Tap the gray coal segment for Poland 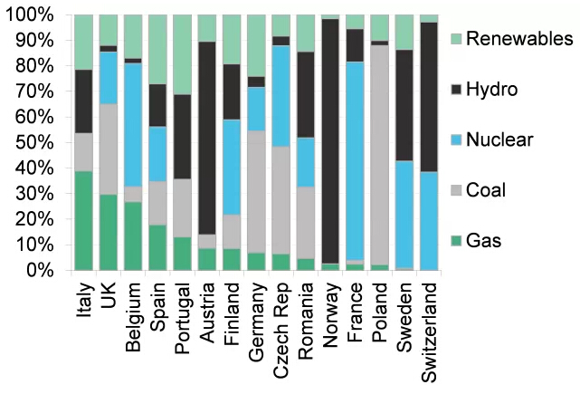click(379, 154)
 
